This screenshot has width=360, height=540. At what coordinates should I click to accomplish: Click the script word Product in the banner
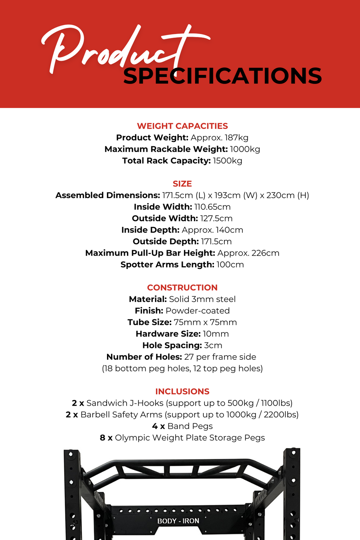(x=113, y=50)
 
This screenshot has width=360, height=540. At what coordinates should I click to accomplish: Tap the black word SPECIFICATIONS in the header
(x=222, y=76)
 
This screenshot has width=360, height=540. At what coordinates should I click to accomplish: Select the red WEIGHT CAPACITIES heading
(x=182, y=126)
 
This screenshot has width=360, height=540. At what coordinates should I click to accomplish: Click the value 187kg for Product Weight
(x=236, y=138)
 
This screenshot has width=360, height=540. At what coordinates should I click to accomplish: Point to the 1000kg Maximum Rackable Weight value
(x=245, y=149)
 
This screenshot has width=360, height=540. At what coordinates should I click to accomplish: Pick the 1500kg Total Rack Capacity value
(x=227, y=161)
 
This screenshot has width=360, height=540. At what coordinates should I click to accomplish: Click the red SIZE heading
(x=182, y=184)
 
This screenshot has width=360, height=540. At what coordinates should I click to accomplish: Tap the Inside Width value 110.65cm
(x=212, y=207)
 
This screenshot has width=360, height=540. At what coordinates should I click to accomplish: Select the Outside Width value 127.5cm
(x=216, y=218)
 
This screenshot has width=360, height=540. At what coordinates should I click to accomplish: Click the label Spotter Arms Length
(x=167, y=265)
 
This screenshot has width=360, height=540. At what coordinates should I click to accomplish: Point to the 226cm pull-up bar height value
(x=265, y=253)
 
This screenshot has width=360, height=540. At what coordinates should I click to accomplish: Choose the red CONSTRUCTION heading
(x=182, y=288)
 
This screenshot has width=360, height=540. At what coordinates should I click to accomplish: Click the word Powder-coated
(x=198, y=311)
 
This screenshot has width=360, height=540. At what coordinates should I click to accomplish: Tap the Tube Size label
(x=149, y=322)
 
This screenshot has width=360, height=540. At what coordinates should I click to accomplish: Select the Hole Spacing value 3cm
(x=213, y=345)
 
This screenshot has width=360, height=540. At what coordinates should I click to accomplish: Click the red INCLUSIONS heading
(x=182, y=391)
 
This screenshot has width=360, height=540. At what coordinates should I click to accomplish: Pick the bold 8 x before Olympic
(x=106, y=438)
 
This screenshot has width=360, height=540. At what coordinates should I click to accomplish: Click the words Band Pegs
(x=190, y=426)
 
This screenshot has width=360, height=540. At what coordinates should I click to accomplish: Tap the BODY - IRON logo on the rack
(x=178, y=521)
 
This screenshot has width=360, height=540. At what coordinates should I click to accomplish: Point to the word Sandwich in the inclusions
(x=107, y=403)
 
